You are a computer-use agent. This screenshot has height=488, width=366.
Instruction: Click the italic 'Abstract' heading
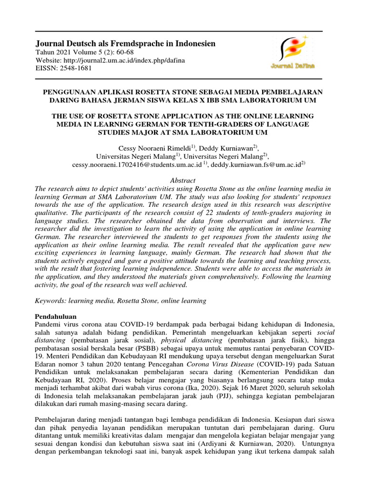click(x=183, y=180)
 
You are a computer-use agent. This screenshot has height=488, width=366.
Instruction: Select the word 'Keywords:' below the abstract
click(x=51, y=301)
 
